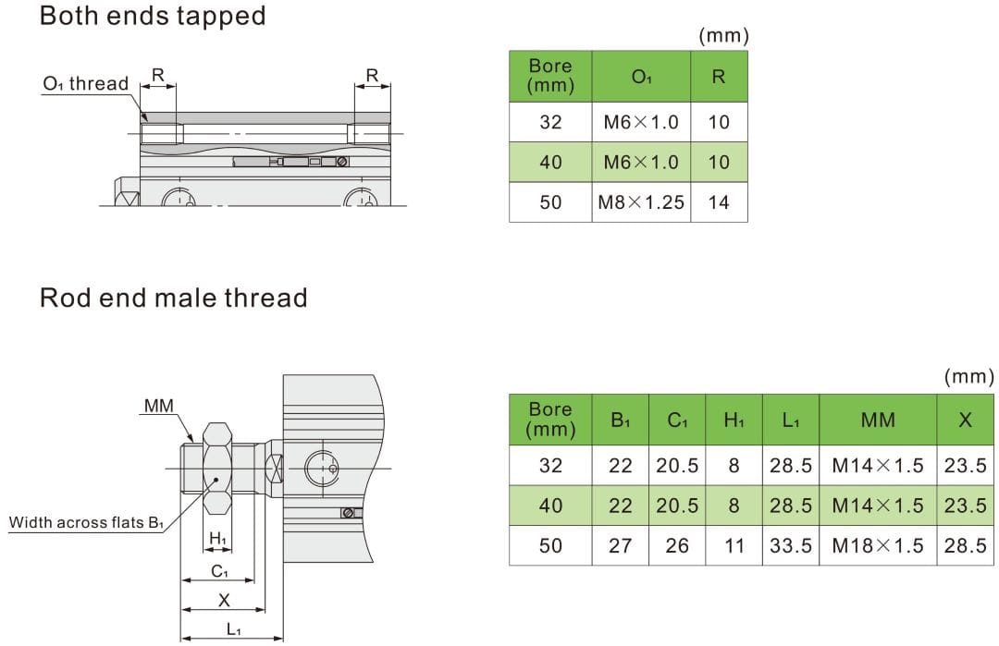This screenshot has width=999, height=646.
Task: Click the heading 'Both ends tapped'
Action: tap(153, 16)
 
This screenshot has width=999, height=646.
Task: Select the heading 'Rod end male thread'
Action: tap(173, 298)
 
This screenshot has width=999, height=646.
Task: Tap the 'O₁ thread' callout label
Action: tap(85, 84)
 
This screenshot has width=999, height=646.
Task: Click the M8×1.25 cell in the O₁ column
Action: tap(641, 202)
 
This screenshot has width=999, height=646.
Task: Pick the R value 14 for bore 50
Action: tap(719, 202)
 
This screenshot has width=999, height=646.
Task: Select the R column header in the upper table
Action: tap(719, 77)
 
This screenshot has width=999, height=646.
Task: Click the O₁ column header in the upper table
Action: tap(641, 77)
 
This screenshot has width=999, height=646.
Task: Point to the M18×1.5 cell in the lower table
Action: tap(877, 545)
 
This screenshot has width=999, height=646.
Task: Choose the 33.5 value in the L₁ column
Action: tap(790, 545)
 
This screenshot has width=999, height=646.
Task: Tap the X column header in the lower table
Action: tap(965, 421)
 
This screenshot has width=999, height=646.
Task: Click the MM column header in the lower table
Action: tap(877, 421)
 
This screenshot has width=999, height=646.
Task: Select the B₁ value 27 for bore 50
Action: tap(620, 545)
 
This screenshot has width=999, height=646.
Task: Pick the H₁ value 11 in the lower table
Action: tap(734, 545)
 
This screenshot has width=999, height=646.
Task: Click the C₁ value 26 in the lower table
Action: tap(677, 545)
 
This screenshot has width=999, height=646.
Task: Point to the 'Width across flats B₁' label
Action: tap(86, 523)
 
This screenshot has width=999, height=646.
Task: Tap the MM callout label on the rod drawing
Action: tap(158, 405)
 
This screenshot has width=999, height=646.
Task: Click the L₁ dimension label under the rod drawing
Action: tap(233, 629)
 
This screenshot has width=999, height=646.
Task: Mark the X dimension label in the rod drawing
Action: tap(223, 600)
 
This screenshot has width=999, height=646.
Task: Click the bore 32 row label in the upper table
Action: tap(550, 122)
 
